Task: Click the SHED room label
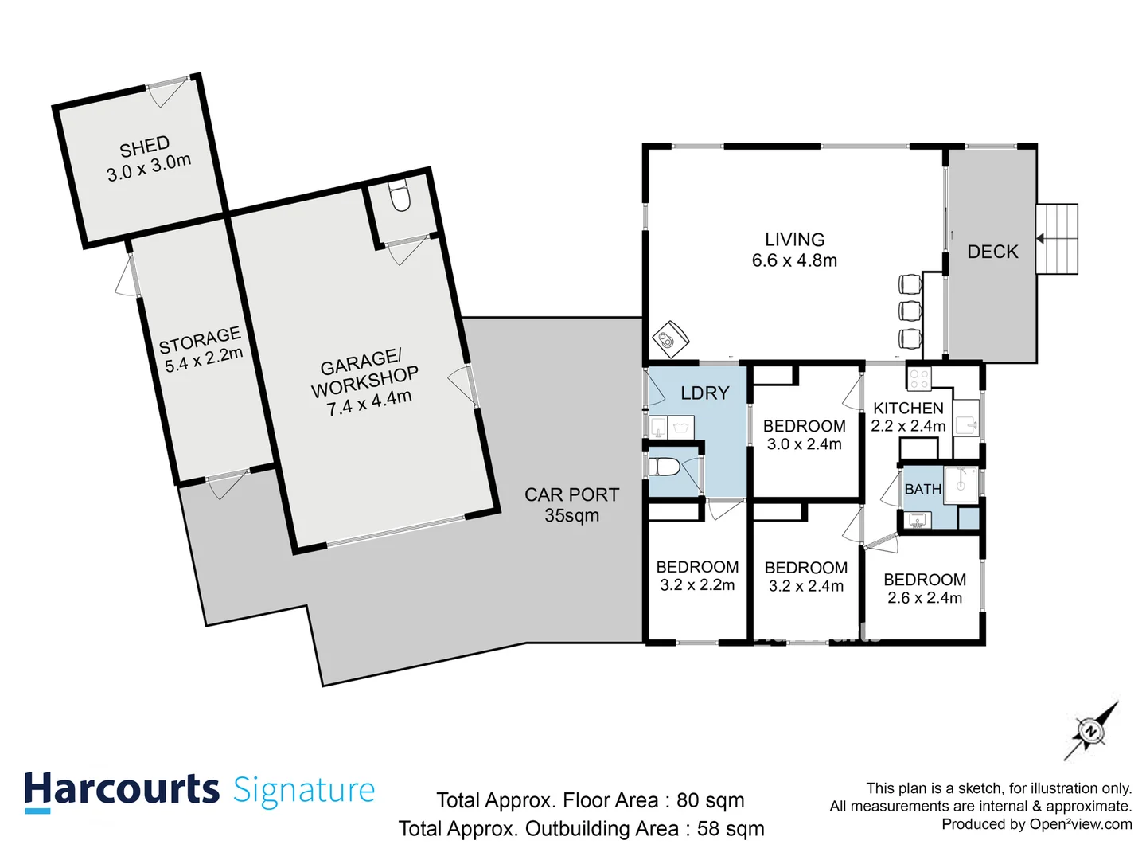point(148,158)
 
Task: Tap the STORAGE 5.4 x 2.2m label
point(201,350)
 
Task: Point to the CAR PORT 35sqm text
point(571,505)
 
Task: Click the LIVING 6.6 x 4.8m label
point(794,250)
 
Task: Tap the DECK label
point(992,252)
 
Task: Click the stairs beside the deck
point(1057,239)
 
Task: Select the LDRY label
point(704,393)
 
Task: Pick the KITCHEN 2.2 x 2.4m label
point(908,416)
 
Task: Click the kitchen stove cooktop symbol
point(919,379)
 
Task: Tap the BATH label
point(922,489)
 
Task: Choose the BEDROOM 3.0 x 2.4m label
point(804,435)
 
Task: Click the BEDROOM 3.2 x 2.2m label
point(697,576)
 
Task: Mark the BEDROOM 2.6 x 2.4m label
point(925,588)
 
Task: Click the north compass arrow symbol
point(1090,731)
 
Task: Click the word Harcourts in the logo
point(121,790)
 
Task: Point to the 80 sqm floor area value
point(710,800)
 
